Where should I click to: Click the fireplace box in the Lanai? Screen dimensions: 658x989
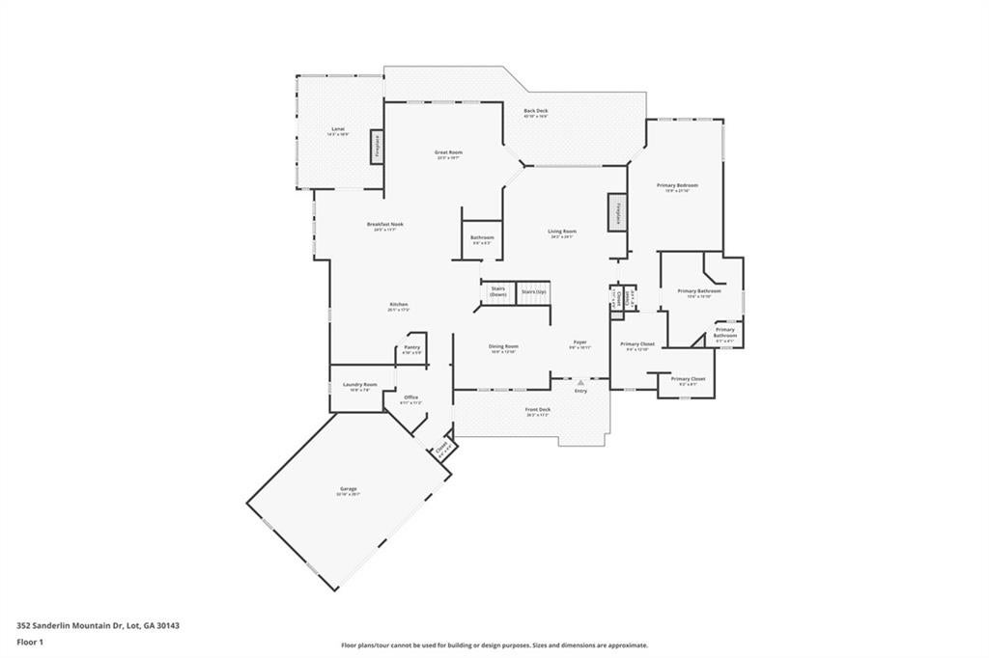376,148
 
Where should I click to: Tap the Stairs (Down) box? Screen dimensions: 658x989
498,292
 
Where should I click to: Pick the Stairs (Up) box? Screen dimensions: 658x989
533,291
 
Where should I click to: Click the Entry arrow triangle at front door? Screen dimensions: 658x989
580,382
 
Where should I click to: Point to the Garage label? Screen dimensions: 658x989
347,489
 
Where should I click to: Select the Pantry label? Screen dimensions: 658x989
411,347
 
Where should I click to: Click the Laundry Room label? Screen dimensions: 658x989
359,384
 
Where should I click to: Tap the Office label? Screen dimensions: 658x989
410,397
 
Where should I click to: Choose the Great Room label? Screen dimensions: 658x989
447,152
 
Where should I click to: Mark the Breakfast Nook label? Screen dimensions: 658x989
384,224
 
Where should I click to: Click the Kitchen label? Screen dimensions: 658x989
398,305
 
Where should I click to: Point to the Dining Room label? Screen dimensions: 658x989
503,346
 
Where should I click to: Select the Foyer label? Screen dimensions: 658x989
579,342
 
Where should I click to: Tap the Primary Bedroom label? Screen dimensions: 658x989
677,185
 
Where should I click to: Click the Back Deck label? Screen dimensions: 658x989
536,111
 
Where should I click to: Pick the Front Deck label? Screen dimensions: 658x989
538,409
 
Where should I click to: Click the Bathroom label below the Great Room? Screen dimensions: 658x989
482,237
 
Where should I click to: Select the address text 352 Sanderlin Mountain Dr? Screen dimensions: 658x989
98,625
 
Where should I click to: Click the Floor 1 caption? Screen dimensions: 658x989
31,641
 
